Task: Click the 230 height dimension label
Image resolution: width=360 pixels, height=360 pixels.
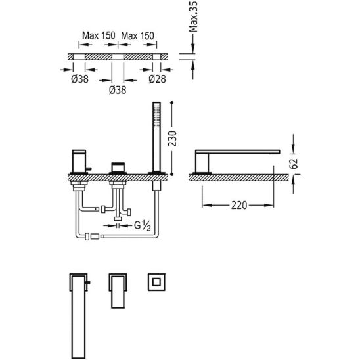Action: click(x=172, y=139)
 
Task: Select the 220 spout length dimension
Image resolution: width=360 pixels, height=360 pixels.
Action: click(x=238, y=205)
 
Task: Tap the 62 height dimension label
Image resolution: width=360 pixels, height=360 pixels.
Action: click(x=294, y=164)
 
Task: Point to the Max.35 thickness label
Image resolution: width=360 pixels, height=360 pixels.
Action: click(x=193, y=16)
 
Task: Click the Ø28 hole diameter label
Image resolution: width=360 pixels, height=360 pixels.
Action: click(x=157, y=79)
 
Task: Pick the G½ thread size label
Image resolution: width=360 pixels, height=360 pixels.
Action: click(x=143, y=226)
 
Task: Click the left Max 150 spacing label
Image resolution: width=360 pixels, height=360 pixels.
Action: click(x=99, y=35)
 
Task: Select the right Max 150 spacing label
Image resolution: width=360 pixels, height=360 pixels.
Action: click(x=137, y=36)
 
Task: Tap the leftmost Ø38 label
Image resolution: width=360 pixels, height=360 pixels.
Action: click(x=79, y=79)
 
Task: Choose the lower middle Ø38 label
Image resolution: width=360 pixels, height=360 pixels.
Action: click(x=118, y=90)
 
